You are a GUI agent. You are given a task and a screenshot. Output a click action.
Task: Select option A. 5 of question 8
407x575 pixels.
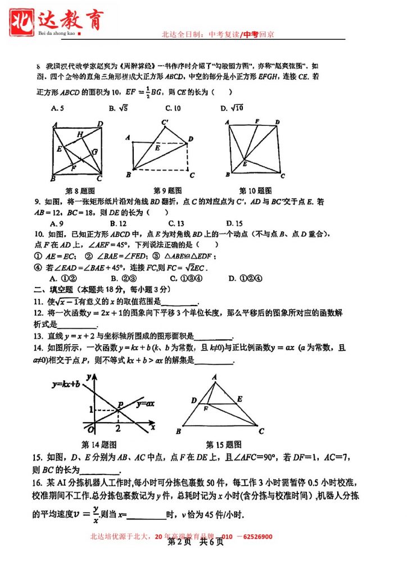pyautogui.click(x=56, y=108)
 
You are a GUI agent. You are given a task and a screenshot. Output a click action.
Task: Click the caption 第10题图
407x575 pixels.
pyautogui.click(x=256, y=190)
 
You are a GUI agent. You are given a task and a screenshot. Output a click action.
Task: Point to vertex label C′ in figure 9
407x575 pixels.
pyautogui.click(x=165, y=122)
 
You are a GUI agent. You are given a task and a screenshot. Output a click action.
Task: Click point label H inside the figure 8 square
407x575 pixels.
pyautogui.click(x=80, y=134)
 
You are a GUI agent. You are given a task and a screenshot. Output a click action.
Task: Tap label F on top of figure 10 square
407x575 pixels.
pyautogui.click(x=257, y=121)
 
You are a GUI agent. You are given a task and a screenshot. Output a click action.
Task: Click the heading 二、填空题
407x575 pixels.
pyautogui.click(x=54, y=290)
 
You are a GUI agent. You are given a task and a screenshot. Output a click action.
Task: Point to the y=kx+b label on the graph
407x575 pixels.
pyautogui.click(x=66, y=385)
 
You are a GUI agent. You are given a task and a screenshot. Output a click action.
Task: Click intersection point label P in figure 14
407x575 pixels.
pyautogui.click(x=120, y=405)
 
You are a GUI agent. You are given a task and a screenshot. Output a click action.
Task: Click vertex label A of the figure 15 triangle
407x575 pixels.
pyautogui.click(x=214, y=377)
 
